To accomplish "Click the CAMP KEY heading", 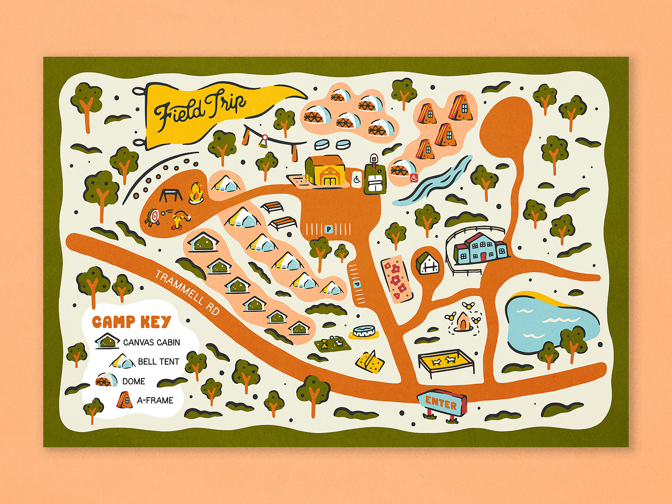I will click(132, 322).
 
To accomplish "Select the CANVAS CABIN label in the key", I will click(151, 342).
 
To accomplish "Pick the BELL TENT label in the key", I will click(158, 361).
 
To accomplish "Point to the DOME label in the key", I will click(134, 381).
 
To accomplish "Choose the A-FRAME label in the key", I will click(155, 400).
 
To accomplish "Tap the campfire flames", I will click(195, 193).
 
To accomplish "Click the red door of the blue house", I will click(483, 256).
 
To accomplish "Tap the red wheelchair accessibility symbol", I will click(414, 178).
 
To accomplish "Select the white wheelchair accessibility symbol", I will click(357, 180).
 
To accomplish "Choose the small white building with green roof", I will click(428, 264).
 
